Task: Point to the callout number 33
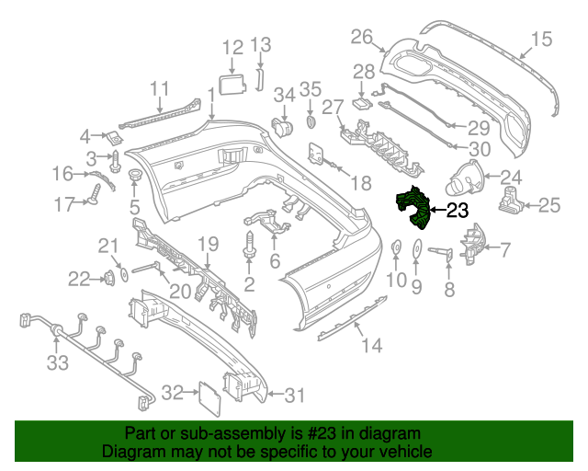58,363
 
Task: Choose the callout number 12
232,47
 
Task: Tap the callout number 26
362,37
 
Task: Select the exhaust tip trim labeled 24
467,175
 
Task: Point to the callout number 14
370,346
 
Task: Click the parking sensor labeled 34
283,124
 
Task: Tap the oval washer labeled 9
415,250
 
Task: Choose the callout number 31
293,396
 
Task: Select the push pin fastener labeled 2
249,247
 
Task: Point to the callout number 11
161,89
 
